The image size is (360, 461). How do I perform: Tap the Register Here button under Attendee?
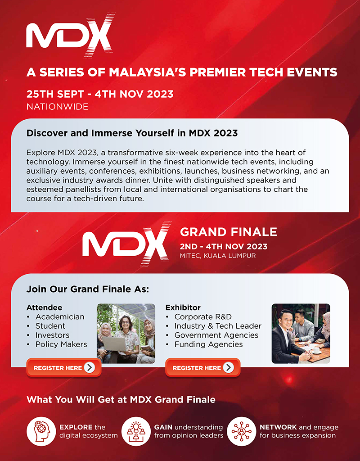(x=64, y=367)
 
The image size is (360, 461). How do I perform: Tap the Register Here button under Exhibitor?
(x=203, y=367)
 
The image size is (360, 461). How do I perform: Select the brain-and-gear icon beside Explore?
(x=41, y=431)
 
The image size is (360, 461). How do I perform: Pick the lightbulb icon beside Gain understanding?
(x=136, y=431)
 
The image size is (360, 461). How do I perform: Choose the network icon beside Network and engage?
(x=242, y=431)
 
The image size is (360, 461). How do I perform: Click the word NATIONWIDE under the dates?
(x=57, y=106)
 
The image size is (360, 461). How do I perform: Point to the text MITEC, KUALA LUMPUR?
(x=218, y=256)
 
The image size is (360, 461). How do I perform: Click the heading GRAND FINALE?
(x=228, y=232)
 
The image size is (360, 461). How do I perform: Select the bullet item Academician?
(x=60, y=316)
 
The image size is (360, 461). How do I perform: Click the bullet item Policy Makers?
(x=61, y=344)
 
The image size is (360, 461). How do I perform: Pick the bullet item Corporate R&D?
(x=203, y=316)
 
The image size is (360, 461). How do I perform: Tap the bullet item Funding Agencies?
(x=209, y=344)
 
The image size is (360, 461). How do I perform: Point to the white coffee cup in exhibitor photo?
(x=316, y=350)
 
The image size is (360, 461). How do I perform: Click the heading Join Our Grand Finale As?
(x=88, y=289)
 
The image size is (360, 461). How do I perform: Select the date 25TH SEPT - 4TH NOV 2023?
(x=100, y=94)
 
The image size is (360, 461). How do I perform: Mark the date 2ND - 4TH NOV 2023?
(x=224, y=246)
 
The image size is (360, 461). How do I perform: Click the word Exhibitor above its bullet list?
(x=183, y=307)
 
